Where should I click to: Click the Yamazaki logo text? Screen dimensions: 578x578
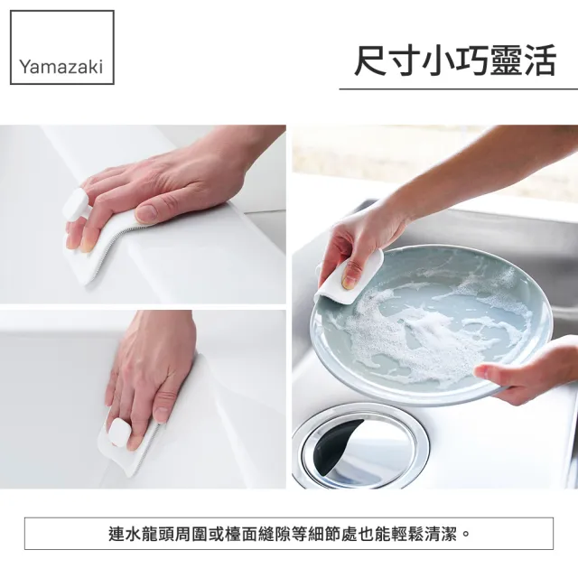[x=62, y=67]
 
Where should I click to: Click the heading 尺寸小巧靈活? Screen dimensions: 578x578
[x=454, y=62]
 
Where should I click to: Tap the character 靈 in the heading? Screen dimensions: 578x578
[x=505, y=62]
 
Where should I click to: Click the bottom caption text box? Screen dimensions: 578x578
[x=289, y=533]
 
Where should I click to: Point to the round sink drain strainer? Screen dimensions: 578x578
[x=359, y=443]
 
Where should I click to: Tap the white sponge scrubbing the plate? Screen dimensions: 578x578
[x=349, y=277]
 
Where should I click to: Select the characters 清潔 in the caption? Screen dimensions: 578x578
[x=443, y=533]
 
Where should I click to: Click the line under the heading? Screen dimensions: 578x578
[x=458, y=89]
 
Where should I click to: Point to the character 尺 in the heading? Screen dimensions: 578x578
[x=370, y=62]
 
